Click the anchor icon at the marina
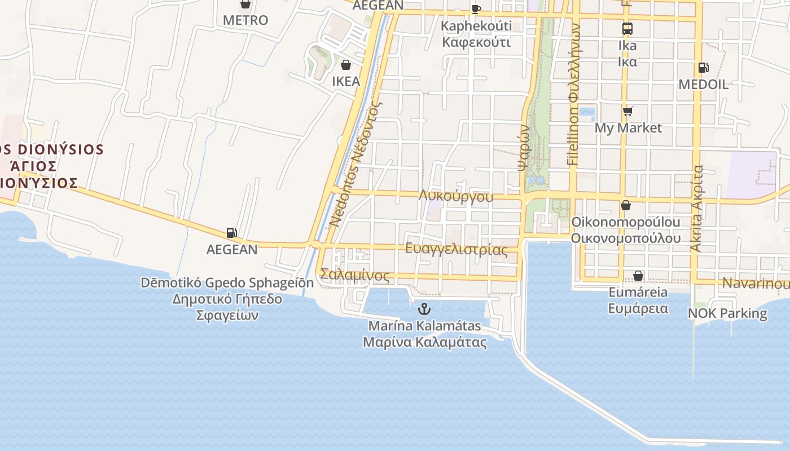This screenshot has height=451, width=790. pos(424,308)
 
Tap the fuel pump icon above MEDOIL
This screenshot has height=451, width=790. pos(703,68)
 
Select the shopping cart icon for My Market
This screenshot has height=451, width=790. pos(627,111)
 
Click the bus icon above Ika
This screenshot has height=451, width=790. pos(627,28)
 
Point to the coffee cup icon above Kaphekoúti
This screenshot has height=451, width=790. pos(476,8)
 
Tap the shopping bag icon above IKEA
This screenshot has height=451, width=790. pos(346,65)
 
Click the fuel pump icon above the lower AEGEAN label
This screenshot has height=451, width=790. pos(231,232)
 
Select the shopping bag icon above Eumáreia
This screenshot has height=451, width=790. pos(638,276)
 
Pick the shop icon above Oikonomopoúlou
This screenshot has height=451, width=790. pos(625,205)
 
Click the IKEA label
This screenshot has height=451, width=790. pos(346,81)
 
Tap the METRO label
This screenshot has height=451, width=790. pos(245,20)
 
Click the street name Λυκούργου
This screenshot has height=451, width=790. pos(456,196)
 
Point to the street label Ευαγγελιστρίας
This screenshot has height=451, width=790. pos(456,249)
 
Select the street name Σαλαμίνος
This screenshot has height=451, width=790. pos(354,276)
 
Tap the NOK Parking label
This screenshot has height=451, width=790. pos(727,313)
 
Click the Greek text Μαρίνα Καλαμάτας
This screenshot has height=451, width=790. pos(424,342)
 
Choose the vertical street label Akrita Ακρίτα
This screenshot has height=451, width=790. pos(697,208)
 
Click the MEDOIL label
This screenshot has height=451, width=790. pos(703,85)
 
